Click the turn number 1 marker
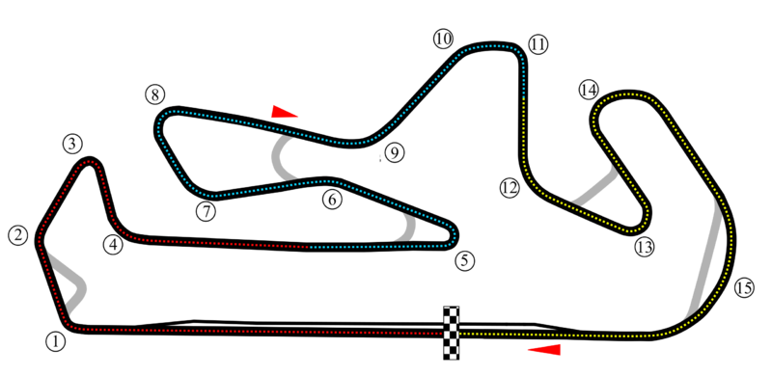[55, 340]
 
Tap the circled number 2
[17, 235]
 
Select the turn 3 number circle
[72, 145]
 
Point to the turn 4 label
[114, 245]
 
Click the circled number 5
[465, 260]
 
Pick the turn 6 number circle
[332, 201]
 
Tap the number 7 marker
[205, 211]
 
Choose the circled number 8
[154, 95]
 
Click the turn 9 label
[393, 152]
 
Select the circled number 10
[442, 40]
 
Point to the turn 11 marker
[538, 44]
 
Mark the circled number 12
[510, 188]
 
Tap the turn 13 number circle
[645, 248]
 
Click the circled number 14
[589, 90]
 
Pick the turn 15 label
[743, 287]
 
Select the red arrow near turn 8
[285, 112]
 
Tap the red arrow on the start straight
[546, 348]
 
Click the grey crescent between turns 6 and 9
[282, 158]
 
